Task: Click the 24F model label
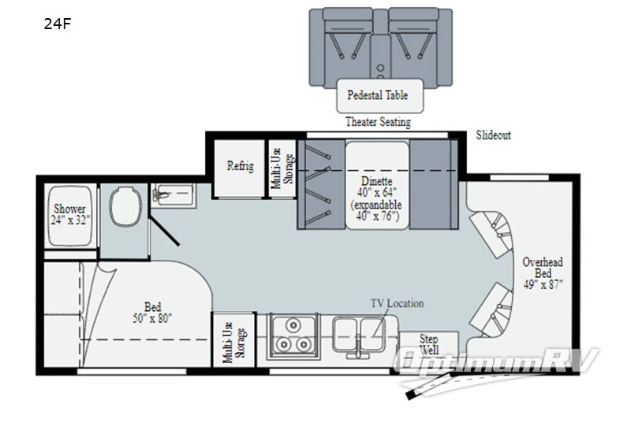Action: coord(57,24)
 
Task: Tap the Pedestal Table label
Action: coord(378,95)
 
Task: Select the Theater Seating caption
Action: coord(378,122)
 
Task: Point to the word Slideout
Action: coord(494,135)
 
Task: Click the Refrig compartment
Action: coord(240,168)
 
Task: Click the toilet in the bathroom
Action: coord(125,206)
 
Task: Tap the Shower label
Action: coord(69,209)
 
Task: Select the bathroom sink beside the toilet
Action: coord(174,195)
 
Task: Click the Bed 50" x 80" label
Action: coord(152,313)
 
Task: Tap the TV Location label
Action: coord(397,303)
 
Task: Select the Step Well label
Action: coord(428,345)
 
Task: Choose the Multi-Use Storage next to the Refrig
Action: coord(282,168)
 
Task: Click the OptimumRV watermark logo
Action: coord(496,368)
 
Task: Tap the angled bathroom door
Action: coord(164,231)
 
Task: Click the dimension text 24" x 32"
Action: coord(70,220)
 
